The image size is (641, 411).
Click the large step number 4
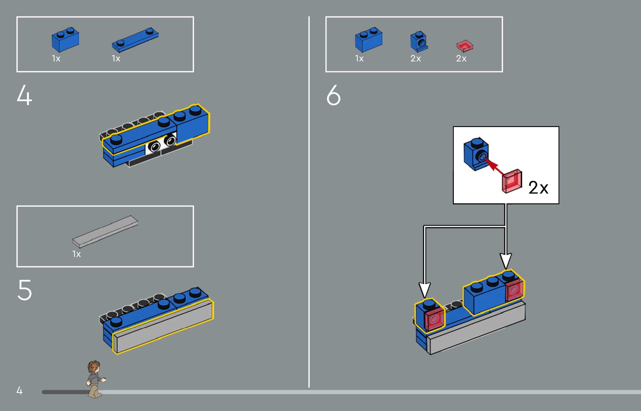pos(24,95)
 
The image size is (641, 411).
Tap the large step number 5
pos(25,290)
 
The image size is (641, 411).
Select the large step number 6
pos(333,95)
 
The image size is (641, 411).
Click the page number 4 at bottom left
pos(19,390)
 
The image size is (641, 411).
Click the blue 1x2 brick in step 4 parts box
pos(65,40)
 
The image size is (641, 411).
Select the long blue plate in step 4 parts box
pos(135,40)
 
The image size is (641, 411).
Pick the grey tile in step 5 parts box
pos(105,231)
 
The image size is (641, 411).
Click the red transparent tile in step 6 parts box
pos(465,46)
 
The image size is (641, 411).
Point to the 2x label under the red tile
pos(461,58)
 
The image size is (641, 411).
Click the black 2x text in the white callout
pos(538,188)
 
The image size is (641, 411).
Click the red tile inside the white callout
pos(512,181)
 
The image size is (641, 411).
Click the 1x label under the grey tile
pos(77,254)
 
